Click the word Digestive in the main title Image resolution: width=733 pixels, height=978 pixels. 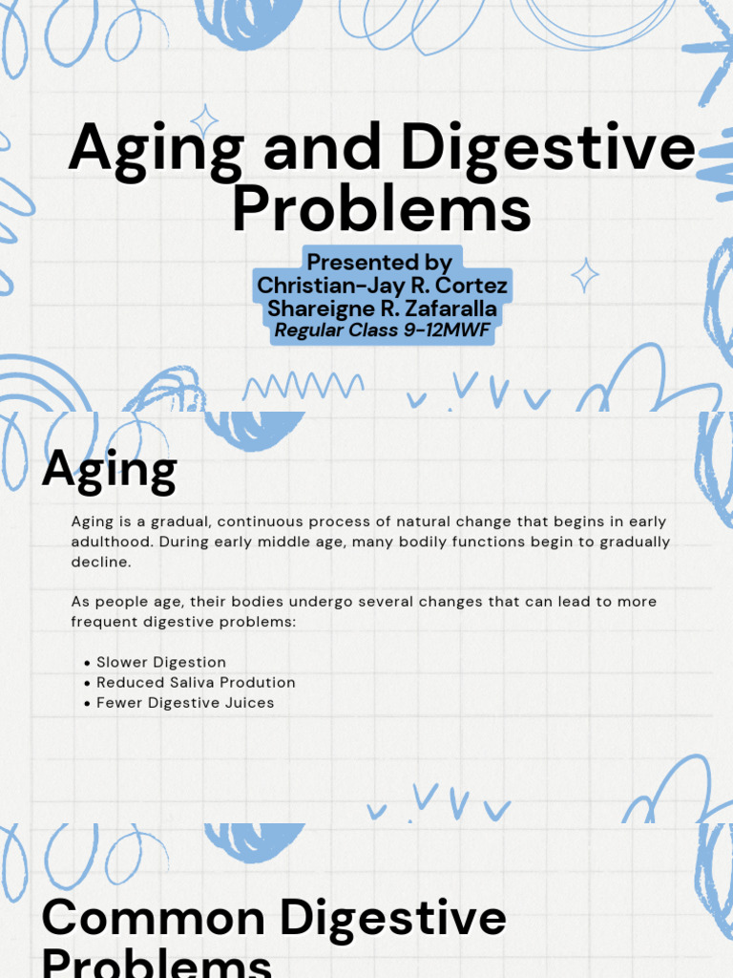tap(547, 150)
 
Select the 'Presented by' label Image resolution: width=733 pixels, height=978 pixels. tap(380, 262)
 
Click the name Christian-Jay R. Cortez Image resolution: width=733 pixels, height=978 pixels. tap(382, 286)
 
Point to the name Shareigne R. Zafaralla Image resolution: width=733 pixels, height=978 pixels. tap(382, 308)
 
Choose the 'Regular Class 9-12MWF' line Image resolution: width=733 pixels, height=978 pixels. tap(382, 330)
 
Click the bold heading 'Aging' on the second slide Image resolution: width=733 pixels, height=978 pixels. tap(109, 470)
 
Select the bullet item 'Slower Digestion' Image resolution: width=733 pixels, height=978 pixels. tap(161, 662)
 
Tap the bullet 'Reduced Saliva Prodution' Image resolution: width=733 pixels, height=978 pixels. tap(196, 682)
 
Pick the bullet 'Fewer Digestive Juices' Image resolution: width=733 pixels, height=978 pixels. tap(185, 702)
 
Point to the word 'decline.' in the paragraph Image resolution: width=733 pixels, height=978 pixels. tap(100, 562)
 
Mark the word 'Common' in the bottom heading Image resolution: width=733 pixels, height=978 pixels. tap(154, 918)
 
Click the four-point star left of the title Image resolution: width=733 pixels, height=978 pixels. tap(203, 121)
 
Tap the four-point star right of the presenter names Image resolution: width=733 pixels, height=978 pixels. tap(584, 275)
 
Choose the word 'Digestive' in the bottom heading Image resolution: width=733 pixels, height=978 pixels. tap(392, 918)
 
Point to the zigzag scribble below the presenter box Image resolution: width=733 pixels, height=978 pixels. tap(303, 387)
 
